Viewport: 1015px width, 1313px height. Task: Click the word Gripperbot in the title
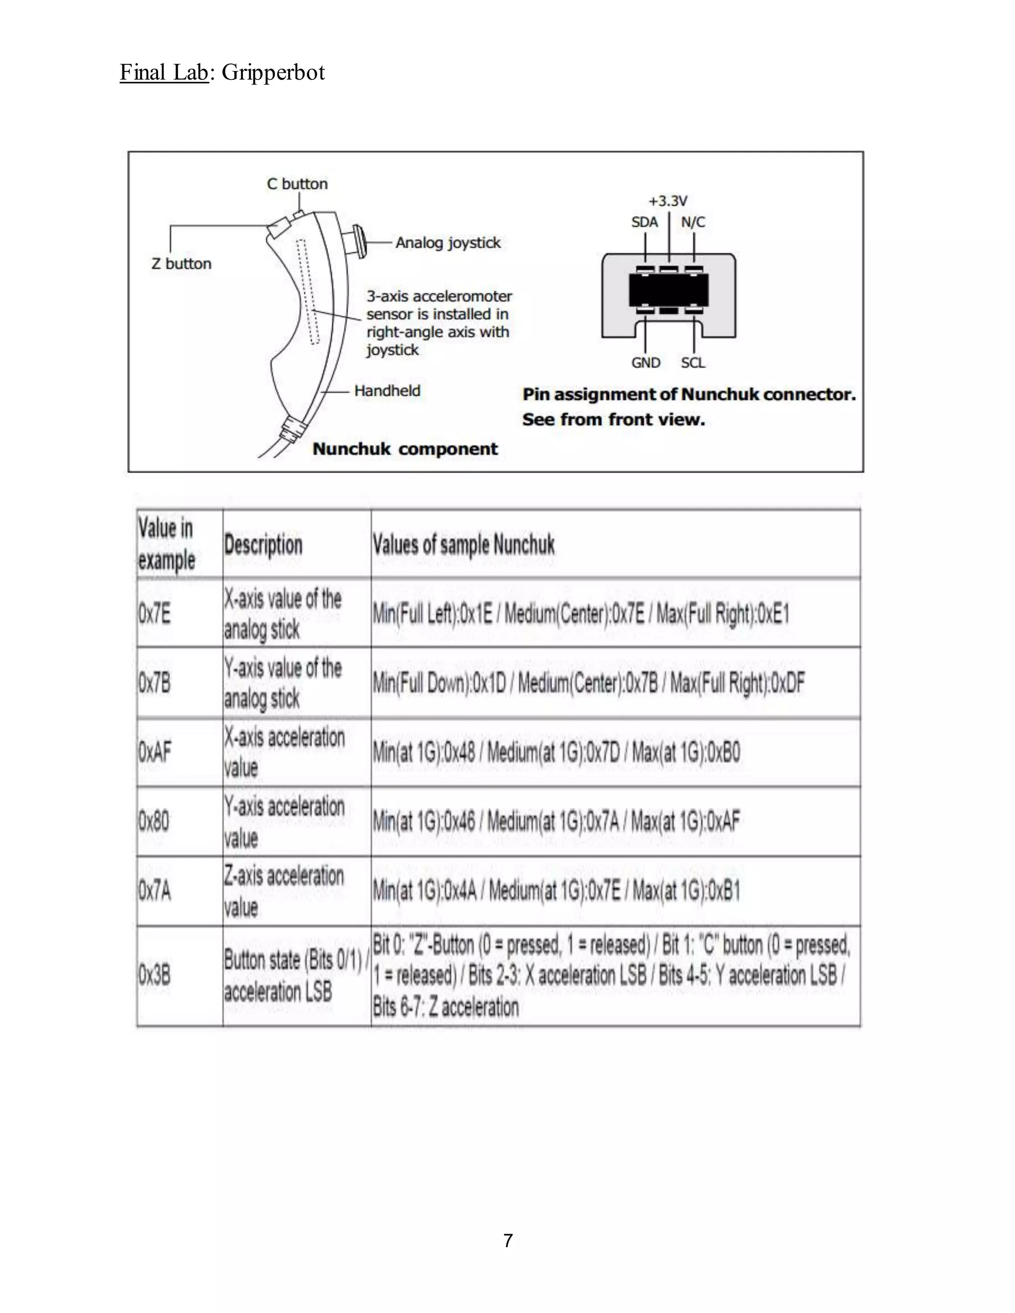click(273, 72)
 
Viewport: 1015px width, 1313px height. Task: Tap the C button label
click(297, 183)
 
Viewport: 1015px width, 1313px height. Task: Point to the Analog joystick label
click(448, 242)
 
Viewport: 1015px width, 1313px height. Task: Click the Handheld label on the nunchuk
click(387, 391)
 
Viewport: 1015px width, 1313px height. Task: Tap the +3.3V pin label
click(668, 201)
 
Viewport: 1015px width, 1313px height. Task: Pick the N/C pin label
click(693, 222)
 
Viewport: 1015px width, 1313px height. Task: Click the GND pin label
click(645, 363)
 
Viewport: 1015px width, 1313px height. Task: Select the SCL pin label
click(693, 363)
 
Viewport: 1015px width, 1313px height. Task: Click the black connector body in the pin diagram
click(668, 290)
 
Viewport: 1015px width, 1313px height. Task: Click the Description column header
click(263, 545)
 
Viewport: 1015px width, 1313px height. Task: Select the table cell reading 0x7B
click(154, 683)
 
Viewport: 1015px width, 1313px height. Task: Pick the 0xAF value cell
click(155, 752)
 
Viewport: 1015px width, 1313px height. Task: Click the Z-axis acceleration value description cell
click(284, 891)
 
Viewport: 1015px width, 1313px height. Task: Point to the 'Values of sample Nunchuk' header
click(463, 545)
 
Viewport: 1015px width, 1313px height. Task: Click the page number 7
click(508, 1240)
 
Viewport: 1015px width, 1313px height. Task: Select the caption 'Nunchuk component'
click(405, 448)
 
